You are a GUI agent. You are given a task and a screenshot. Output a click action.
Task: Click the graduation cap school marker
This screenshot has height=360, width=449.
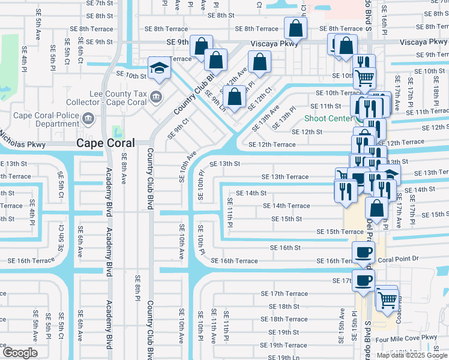pos(160,68)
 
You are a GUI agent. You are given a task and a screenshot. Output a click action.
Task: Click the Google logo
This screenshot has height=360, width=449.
pos(20,353)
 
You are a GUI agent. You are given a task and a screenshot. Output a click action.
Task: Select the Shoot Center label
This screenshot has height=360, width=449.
pos(328,118)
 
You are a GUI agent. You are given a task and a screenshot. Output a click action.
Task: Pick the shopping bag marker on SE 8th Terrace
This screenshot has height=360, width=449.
pos(296,28)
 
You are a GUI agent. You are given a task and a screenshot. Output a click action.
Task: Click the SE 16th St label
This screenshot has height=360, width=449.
pos(285,247)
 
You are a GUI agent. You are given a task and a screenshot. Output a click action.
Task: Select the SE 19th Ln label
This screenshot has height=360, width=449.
pos(284,358)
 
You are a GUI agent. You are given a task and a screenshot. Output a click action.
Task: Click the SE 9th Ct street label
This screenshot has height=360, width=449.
pos(175,127)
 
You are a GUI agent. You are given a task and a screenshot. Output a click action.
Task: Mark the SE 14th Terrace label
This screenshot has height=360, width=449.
pos(286,206)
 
